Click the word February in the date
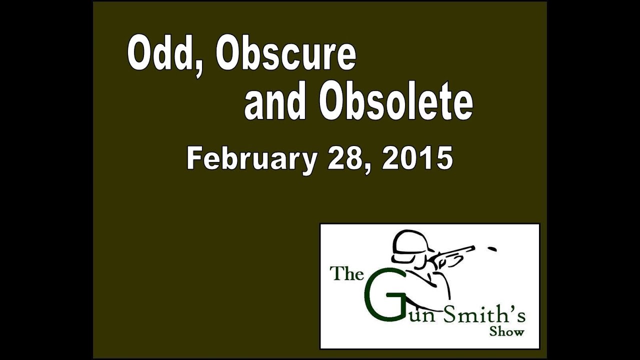click(x=251, y=159)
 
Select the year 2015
click(x=417, y=159)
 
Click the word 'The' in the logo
click(x=346, y=275)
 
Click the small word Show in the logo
click(x=506, y=331)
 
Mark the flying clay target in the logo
click(x=492, y=248)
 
